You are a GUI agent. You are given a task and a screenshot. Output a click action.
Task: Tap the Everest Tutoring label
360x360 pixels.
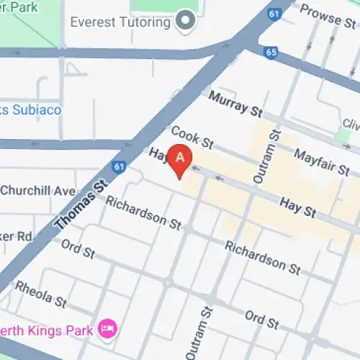(120, 21)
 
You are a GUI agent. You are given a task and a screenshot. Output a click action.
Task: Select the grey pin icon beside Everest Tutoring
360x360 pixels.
(187, 20)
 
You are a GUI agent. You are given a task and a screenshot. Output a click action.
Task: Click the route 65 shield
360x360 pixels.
(271, 52)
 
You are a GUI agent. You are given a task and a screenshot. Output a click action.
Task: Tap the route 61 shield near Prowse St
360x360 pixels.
(273, 13)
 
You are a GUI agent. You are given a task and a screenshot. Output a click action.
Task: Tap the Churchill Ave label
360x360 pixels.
(37, 191)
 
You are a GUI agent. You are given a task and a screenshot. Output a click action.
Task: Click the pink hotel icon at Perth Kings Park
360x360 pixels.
(108, 330)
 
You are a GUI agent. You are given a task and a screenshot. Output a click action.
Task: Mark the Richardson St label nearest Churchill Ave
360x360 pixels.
(143, 212)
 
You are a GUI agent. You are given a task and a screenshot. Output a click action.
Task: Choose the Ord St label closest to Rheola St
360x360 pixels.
(78, 251)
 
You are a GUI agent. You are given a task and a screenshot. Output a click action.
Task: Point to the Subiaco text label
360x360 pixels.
(32, 110)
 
